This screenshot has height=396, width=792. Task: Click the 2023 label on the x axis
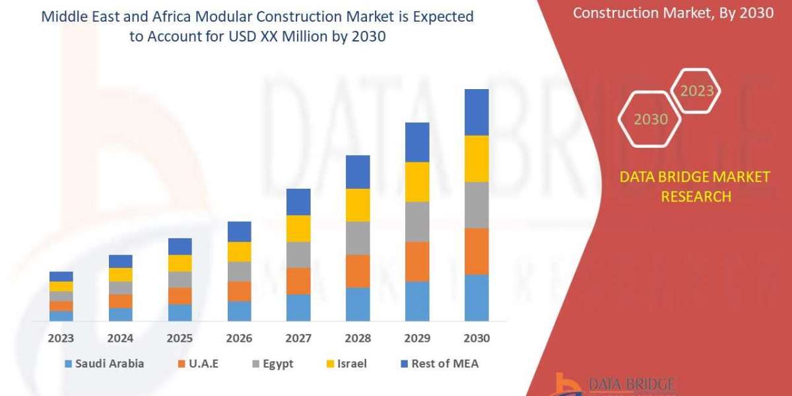(61, 338)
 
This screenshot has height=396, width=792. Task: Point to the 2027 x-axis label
(298, 338)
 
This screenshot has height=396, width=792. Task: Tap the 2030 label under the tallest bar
(477, 338)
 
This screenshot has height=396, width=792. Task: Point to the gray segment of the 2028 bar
(358, 238)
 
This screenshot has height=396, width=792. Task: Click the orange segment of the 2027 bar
(298, 280)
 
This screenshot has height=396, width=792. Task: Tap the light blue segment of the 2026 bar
(239, 311)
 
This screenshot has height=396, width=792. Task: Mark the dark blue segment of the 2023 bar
(61, 276)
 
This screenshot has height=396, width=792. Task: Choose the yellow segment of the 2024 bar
(120, 275)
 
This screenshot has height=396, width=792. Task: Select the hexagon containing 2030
(650, 119)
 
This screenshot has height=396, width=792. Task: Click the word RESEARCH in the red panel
(696, 197)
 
